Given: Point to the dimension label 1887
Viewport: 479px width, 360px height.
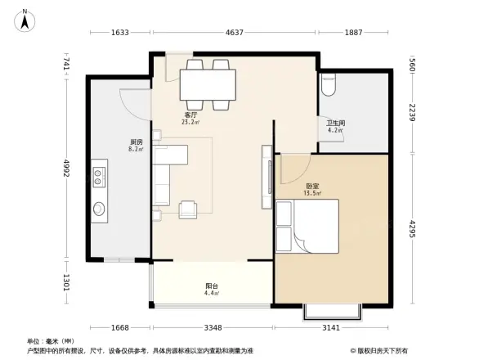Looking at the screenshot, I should (x=353, y=33).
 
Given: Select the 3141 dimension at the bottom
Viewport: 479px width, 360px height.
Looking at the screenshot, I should (x=330, y=328).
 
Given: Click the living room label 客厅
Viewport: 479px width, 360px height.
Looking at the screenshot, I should (x=190, y=115).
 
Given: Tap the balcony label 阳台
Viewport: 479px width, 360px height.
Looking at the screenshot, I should (x=211, y=286).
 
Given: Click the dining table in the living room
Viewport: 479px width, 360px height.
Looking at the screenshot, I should (x=208, y=83).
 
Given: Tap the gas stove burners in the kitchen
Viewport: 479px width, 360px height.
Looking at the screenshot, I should (x=100, y=173).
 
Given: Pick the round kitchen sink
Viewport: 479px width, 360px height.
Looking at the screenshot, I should (x=99, y=209).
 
